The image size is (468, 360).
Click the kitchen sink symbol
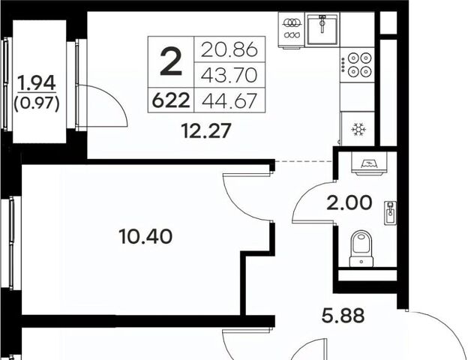[x=322, y=29]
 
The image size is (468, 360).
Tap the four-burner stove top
[x=357, y=64]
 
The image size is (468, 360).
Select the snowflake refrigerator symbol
[x=358, y=129]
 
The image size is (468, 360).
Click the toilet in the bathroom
[x=361, y=248]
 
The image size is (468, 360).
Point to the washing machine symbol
[x=369, y=163]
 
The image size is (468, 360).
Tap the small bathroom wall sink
[x=391, y=212]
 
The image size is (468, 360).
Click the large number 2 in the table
[x=171, y=61]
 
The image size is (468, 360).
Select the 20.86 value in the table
[x=229, y=49]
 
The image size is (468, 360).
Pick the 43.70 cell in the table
[x=229, y=75]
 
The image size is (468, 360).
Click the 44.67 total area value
[x=229, y=100]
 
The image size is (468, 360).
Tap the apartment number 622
[x=171, y=100]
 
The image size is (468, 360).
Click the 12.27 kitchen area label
[x=206, y=131]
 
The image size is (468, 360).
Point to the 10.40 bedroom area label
[x=145, y=236]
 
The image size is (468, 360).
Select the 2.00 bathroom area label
[x=349, y=202]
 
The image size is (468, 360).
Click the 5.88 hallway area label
[x=343, y=316]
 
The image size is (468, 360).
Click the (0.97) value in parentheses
[x=37, y=104]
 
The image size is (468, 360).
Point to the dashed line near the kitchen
[x=304, y=161]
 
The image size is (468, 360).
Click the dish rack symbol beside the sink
[x=292, y=29]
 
